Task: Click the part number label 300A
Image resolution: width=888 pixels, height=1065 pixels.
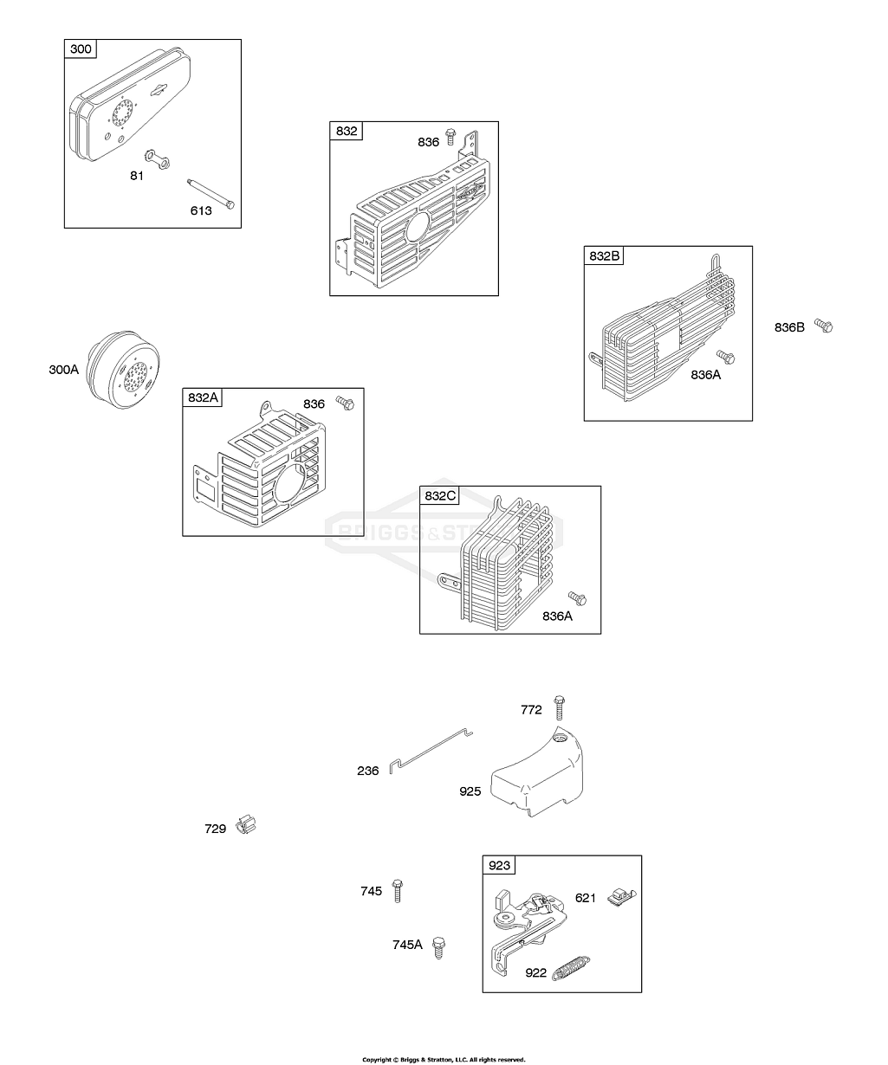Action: [x=63, y=370]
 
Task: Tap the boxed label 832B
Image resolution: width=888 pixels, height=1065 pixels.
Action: [x=606, y=256]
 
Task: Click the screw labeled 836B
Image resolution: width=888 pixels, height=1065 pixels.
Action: [x=824, y=326]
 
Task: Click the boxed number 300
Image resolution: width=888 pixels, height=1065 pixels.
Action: [x=81, y=48]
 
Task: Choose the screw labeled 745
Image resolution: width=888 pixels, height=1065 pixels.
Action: [x=398, y=889]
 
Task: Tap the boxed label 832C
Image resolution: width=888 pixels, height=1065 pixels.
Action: [x=439, y=495]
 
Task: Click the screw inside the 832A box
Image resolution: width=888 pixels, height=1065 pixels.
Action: [x=346, y=403]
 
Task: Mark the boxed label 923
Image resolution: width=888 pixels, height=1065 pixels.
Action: [x=500, y=865]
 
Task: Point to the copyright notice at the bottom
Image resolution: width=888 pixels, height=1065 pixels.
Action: [x=444, y=1059]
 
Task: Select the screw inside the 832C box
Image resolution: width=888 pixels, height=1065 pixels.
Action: [x=578, y=597]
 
